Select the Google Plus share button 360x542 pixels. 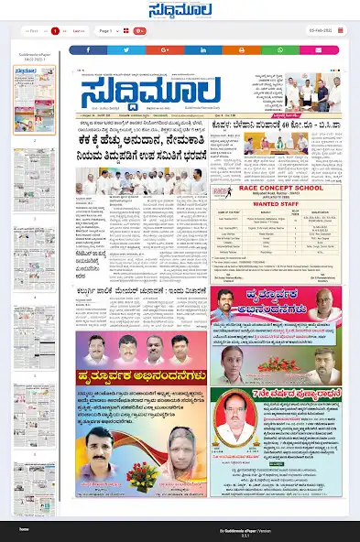pos(164,49)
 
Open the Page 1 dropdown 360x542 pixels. pos(108,31)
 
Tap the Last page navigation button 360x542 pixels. pos(78,31)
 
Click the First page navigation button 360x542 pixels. pos(33,31)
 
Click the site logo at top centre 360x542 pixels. pos(180,11)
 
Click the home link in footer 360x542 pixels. pos(25,529)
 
